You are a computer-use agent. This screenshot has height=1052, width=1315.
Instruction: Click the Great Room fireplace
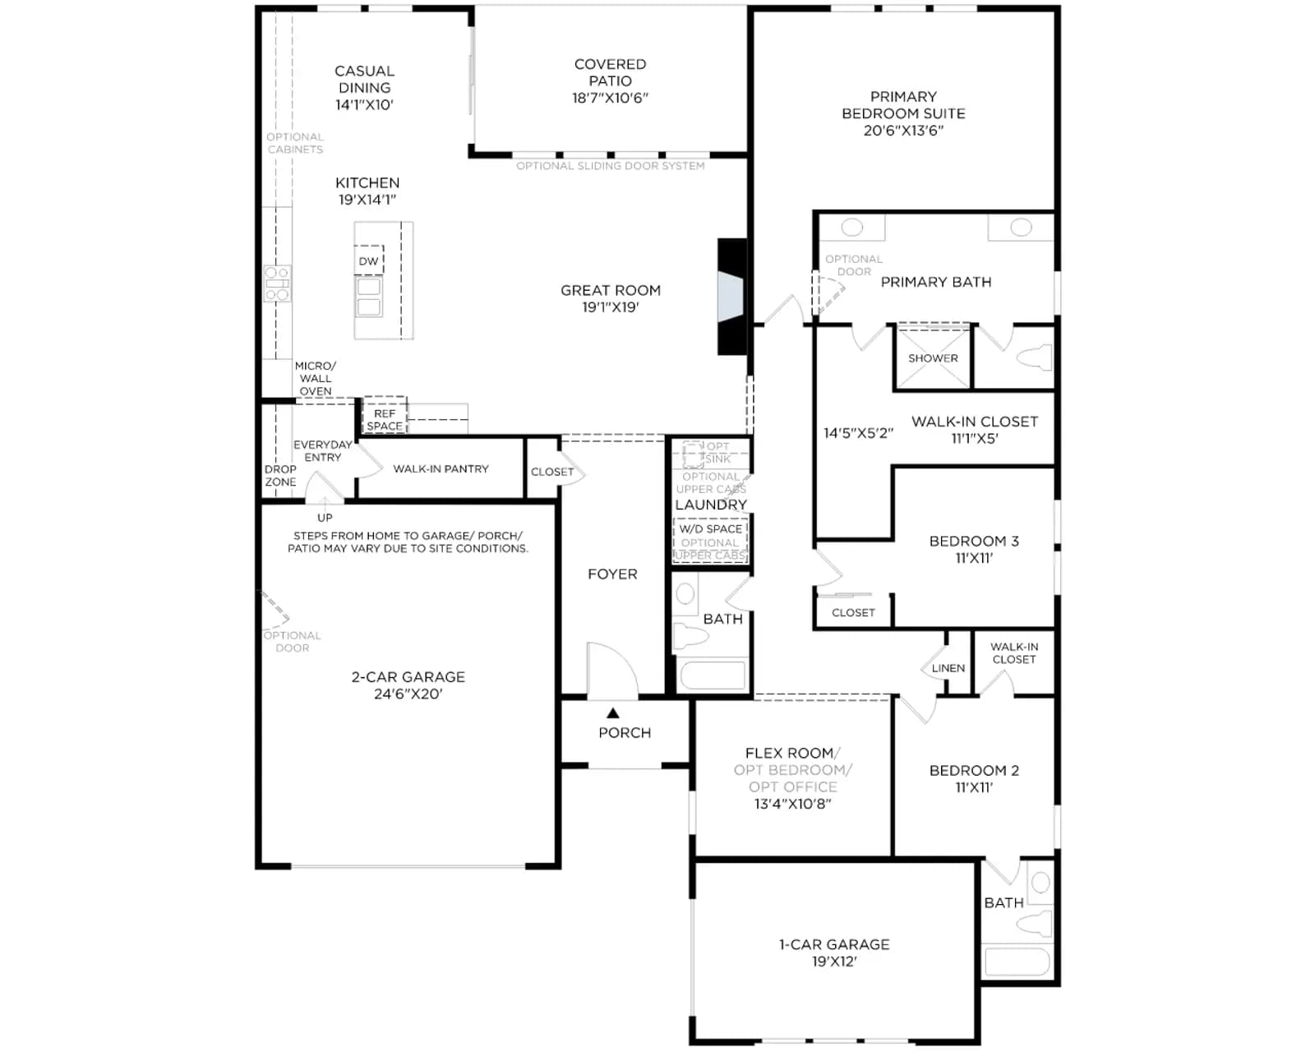[732, 297]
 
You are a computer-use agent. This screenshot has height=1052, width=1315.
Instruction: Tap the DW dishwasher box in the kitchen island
[368, 261]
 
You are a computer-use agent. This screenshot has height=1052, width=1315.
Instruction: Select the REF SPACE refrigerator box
[385, 415]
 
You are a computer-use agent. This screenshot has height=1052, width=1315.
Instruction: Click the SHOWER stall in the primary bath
[933, 358]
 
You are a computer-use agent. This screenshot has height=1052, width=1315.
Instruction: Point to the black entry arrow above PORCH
[613, 713]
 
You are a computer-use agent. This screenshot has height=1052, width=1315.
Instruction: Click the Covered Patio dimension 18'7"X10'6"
[610, 98]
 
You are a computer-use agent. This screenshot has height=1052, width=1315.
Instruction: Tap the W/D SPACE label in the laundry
[711, 528]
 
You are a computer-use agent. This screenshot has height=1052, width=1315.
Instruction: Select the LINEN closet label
[948, 668]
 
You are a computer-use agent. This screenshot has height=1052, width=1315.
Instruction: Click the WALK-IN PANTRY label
[441, 468]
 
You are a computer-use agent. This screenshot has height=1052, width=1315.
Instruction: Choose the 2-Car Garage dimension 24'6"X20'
[408, 694]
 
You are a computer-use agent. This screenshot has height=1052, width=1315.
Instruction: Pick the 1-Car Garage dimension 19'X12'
[834, 962]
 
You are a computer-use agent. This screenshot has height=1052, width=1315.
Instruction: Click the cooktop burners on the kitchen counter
[277, 284]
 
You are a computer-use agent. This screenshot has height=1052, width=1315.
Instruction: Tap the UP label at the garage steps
[325, 518]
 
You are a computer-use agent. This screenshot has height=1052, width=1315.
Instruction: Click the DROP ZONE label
[280, 476]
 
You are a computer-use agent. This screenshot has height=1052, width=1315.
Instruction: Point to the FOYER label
[612, 574]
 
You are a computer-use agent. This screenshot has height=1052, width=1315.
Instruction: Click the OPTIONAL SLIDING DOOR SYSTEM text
[610, 166]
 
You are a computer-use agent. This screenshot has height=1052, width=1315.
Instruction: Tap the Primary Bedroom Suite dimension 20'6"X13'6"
[903, 130]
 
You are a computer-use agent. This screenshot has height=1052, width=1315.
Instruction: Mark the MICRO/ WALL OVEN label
[316, 378]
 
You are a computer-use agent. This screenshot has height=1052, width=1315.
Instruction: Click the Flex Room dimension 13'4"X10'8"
[792, 804]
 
